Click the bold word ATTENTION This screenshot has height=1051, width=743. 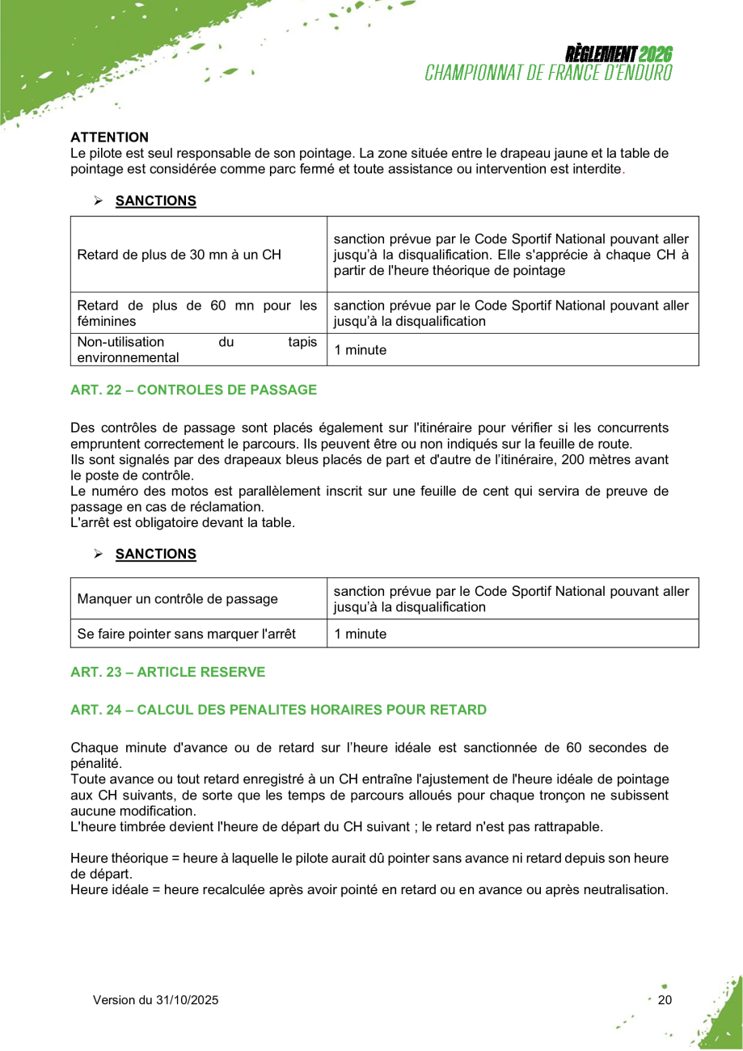pos(109,137)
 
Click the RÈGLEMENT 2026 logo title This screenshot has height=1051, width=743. pos(618,55)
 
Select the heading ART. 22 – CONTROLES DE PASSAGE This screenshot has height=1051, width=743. pos(193,390)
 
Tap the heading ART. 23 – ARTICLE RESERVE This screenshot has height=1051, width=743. pos(167,672)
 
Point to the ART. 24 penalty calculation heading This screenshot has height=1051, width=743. pos(278,710)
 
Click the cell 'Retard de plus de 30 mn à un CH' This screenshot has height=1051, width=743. pos(179,255)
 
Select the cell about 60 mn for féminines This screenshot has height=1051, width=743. pos(196,313)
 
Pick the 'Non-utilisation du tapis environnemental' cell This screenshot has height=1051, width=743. pos(196,350)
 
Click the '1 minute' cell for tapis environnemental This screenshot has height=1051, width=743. pos(361,350)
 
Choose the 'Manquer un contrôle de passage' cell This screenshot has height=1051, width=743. pos(177,599)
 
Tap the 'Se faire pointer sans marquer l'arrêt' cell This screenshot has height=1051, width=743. pos(186,634)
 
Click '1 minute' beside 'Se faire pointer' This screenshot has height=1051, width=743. pos(361,634)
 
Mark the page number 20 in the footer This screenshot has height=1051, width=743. pos(665,1000)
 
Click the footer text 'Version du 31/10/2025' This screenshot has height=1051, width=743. pos(155,1000)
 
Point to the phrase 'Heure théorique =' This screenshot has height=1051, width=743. pos(122,859)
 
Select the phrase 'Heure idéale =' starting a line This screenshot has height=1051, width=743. pos(114,889)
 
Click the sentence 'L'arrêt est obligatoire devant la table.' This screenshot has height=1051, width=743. pos(183,522)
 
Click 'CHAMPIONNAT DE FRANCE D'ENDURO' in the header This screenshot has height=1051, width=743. pos(549,73)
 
